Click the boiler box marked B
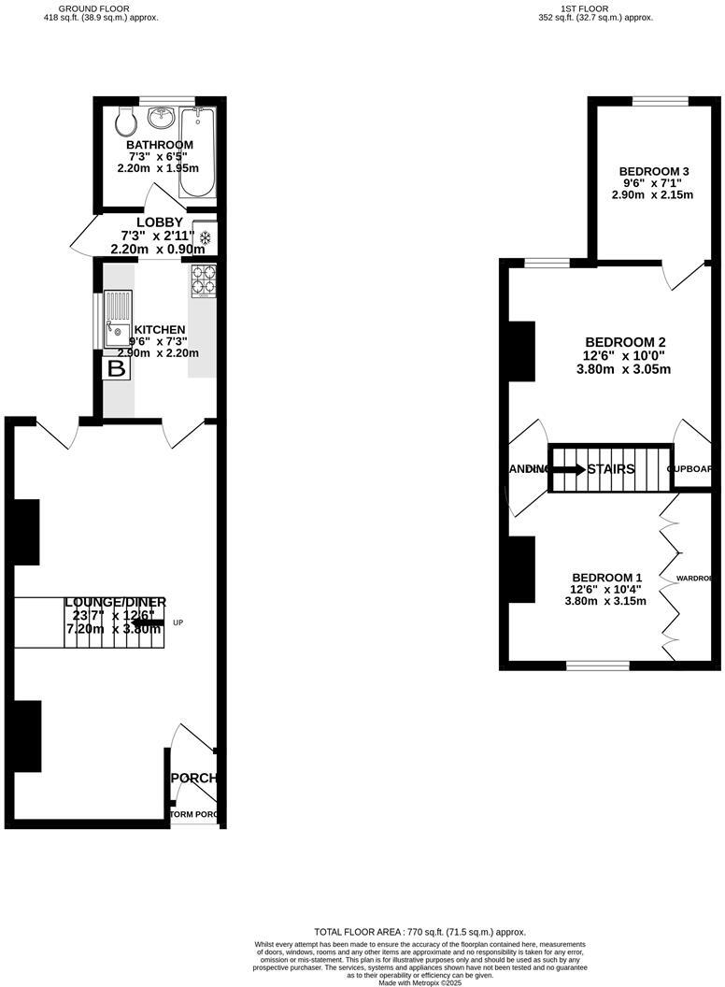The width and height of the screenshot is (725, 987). (117, 369)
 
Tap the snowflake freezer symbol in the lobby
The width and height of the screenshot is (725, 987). (205, 237)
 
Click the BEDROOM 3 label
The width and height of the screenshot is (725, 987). (654, 171)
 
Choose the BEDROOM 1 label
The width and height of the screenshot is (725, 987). (606, 577)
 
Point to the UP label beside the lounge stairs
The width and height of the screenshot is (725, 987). (178, 622)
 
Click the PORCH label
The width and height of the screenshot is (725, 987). (195, 778)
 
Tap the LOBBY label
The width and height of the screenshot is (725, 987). (159, 222)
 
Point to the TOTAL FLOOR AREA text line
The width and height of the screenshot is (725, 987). (419, 932)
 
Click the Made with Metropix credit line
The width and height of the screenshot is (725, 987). (419, 982)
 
